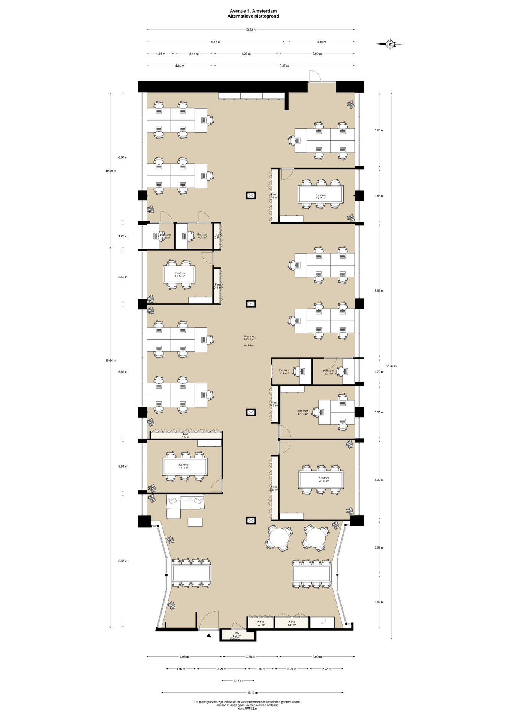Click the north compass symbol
click(x=390, y=44)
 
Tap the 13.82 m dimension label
click(x=251, y=30)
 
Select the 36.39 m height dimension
click(x=391, y=366)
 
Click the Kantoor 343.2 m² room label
click(x=249, y=338)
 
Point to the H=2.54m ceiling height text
click(x=249, y=345)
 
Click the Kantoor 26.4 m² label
click(x=323, y=479)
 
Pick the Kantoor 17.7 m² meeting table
click(x=321, y=194)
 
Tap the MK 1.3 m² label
click(x=237, y=634)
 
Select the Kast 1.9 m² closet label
click(x=186, y=435)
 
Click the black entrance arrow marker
click(x=209, y=635)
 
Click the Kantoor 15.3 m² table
click(x=179, y=274)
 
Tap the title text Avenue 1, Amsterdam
click(x=253, y=11)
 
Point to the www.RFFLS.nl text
click(x=247, y=708)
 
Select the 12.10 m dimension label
click(x=252, y=692)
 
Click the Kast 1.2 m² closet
click(x=260, y=623)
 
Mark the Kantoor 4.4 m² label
click(x=284, y=372)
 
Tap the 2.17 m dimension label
click(x=238, y=680)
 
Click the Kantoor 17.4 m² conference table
click(x=184, y=466)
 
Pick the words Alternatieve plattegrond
click(x=253, y=16)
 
